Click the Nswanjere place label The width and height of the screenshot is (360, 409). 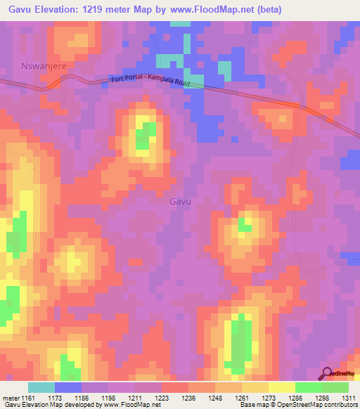coord(38,64)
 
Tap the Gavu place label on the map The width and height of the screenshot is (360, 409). coord(181,201)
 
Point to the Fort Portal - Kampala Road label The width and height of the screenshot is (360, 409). coord(156,82)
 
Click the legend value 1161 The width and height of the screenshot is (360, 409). coord(27,398)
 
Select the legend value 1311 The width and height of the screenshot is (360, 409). coord(348,398)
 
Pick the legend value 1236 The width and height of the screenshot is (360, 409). coord(188,398)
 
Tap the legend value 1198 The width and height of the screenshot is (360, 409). coord(108,398)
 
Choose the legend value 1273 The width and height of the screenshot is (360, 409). coord(268,398)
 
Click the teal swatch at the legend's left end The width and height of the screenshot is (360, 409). coord(41,387)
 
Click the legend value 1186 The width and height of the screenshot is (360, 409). coord(81,398)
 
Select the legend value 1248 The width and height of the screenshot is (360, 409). coord(214,398)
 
